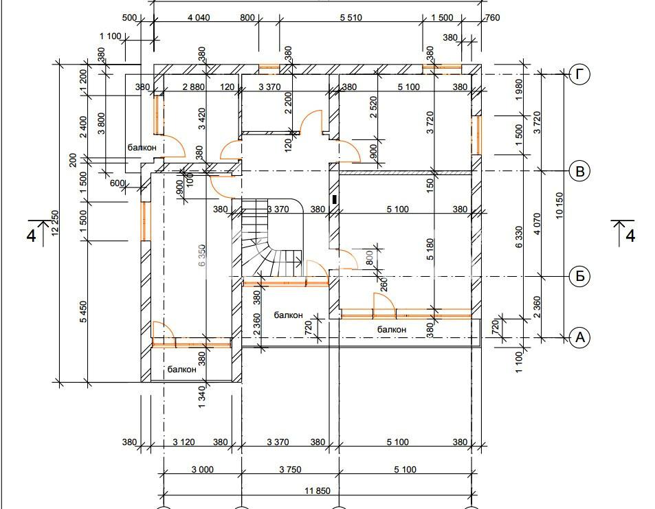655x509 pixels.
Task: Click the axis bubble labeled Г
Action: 580,74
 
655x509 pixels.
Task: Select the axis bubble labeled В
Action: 580,171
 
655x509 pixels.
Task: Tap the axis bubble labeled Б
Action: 580,276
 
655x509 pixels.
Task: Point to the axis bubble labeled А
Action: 580,337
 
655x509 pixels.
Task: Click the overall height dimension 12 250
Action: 55,229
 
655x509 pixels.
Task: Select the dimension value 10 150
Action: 559,205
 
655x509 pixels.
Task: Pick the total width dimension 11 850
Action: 318,490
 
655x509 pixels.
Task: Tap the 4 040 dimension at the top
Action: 199,18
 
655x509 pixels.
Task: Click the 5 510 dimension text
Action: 351,18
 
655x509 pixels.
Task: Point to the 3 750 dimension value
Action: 290,469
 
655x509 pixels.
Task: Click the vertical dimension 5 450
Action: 84,311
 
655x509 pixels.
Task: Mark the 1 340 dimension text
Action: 202,397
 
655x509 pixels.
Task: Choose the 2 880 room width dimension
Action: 194,87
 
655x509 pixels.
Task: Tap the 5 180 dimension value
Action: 430,249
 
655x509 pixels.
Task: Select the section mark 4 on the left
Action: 32,236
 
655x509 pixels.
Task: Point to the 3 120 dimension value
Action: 184,442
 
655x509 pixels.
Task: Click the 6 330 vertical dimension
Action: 519,237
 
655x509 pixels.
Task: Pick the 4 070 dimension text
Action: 537,224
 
